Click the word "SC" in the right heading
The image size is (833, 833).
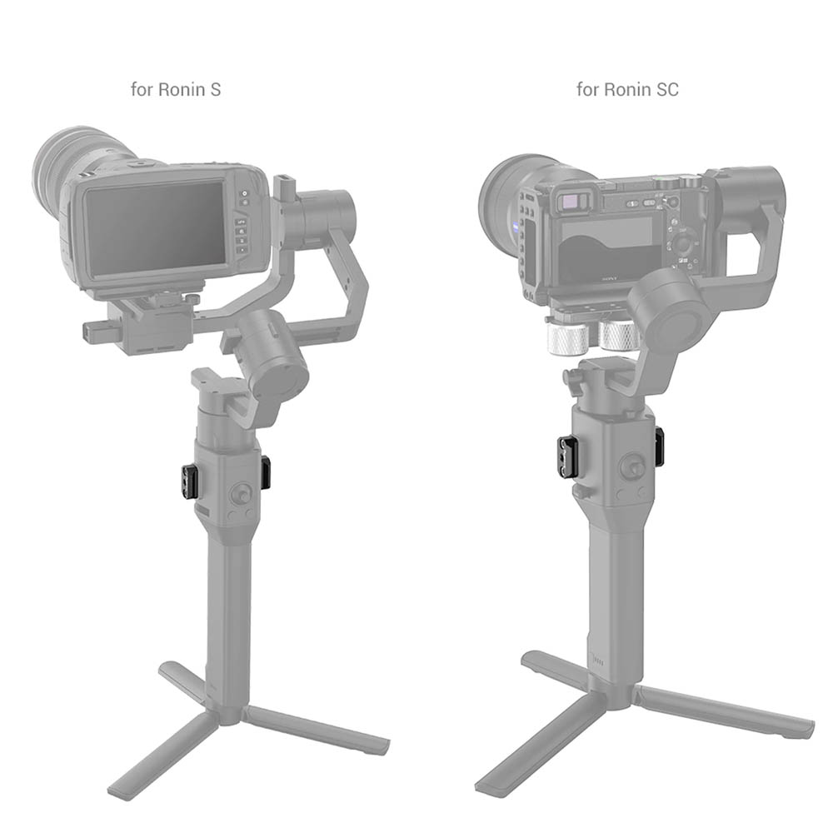(x=667, y=89)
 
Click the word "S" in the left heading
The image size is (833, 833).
(x=215, y=89)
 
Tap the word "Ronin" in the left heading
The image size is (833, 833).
(x=182, y=89)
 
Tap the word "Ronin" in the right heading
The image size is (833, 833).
(x=627, y=89)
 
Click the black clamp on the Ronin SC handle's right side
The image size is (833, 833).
(x=659, y=447)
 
